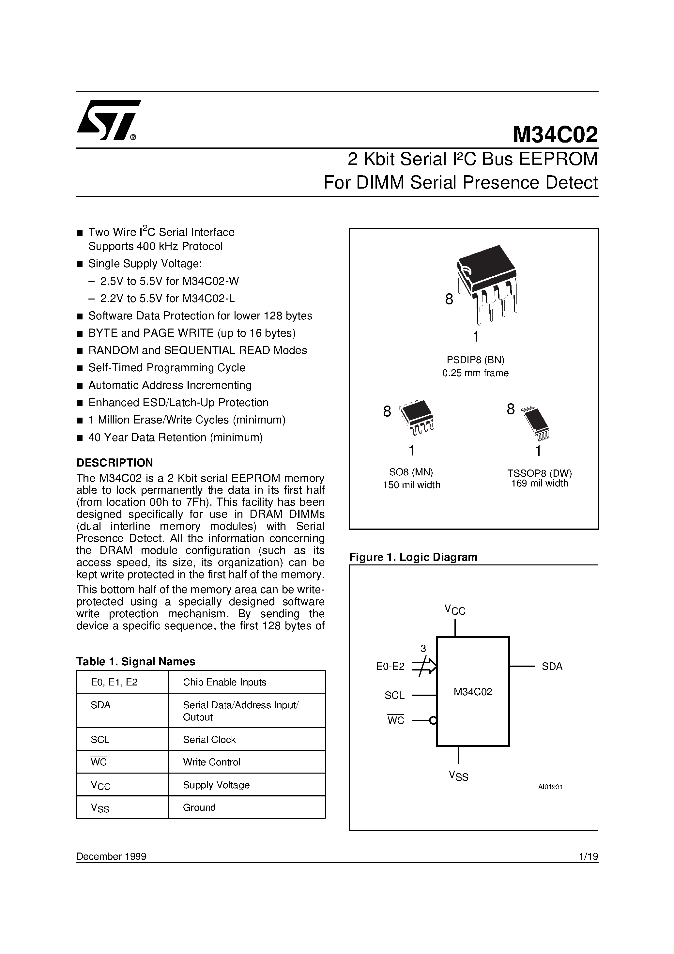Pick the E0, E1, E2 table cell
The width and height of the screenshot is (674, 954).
(114, 682)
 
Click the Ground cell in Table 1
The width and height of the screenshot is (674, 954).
(199, 807)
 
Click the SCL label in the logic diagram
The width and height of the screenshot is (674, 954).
(394, 696)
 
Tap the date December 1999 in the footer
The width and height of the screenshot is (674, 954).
(111, 856)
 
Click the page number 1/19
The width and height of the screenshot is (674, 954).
(588, 856)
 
